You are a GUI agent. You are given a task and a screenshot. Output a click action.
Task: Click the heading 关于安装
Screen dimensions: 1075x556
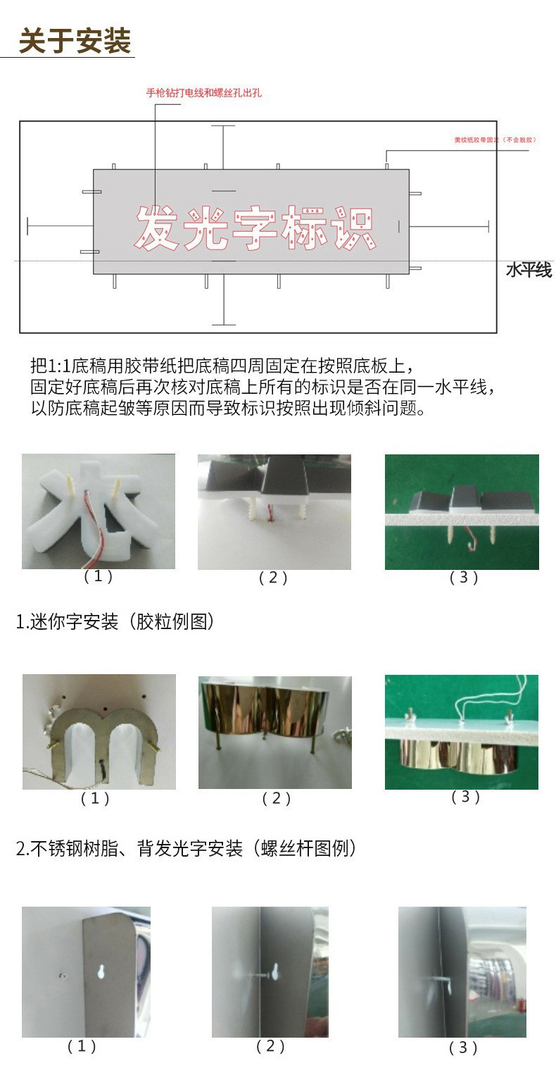click(x=75, y=41)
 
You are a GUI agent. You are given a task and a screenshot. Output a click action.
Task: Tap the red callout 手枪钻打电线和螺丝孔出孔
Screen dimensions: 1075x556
click(x=203, y=92)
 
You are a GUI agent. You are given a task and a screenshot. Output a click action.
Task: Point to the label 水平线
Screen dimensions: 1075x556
click(x=529, y=270)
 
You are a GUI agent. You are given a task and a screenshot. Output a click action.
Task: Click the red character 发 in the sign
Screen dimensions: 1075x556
click(x=156, y=228)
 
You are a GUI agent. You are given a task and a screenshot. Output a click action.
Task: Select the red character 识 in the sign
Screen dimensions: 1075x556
click(x=354, y=228)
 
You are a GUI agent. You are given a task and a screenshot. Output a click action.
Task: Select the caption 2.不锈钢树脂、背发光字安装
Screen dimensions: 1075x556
click(x=186, y=848)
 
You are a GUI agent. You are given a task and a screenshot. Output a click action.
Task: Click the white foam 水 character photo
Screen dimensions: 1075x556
click(x=99, y=511)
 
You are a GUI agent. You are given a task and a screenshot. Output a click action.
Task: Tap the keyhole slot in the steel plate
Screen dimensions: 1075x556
click(x=101, y=970)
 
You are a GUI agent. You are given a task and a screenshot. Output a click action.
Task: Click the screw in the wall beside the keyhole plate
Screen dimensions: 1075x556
click(x=62, y=976)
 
